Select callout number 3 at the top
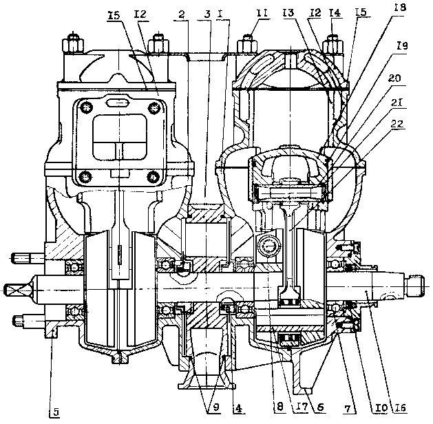207,14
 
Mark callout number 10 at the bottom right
375,407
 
